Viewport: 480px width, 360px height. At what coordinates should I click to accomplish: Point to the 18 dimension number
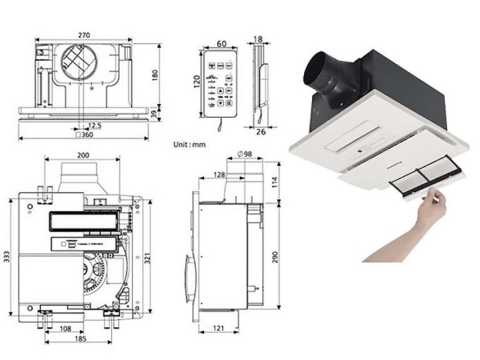click(258, 39)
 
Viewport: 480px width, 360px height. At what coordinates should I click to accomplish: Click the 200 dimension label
click(81, 154)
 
